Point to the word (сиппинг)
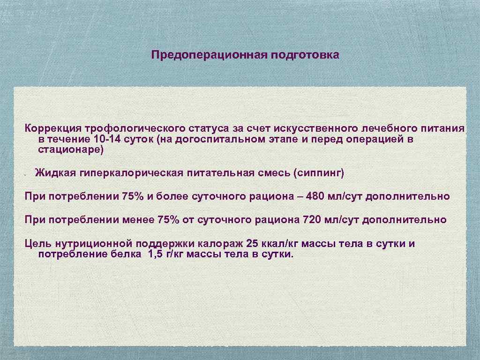[x=318, y=173]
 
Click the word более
[x=170, y=196]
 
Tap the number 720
[x=313, y=219]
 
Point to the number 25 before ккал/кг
[x=252, y=244]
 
